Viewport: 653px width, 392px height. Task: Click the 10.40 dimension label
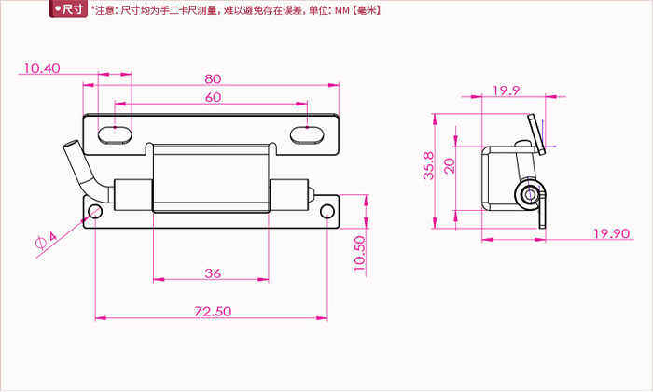coord(42,68)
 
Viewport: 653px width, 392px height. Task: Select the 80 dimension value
coord(213,78)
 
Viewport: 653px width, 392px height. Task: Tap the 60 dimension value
coord(213,97)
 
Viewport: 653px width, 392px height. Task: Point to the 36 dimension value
coord(213,273)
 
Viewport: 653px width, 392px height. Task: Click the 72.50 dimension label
coord(213,311)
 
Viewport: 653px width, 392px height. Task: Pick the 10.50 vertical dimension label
coord(360,253)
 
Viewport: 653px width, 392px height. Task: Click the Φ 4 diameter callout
coord(47,240)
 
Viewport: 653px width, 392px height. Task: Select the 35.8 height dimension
coord(428,165)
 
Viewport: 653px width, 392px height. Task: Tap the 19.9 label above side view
coord(507,91)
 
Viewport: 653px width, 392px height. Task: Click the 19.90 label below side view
coord(611,233)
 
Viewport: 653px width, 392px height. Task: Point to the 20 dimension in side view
coord(450,166)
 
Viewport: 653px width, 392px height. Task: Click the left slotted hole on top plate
coord(115,135)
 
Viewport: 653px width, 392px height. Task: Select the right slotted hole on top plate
coord(307,135)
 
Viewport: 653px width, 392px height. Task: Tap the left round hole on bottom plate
coord(95,212)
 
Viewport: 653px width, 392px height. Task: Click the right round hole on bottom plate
coord(327,212)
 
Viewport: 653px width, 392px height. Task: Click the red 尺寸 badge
coord(68,8)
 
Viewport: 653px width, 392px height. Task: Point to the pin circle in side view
coord(530,194)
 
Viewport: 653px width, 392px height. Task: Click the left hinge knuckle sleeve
coord(133,194)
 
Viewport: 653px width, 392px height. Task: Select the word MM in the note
coord(342,10)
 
